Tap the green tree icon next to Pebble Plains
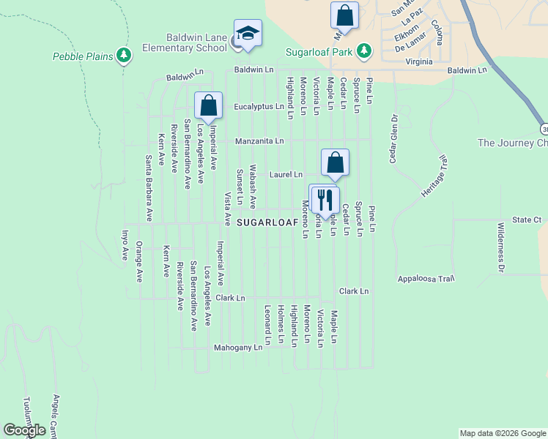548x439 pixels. [124, 55]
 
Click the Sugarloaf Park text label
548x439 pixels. [319, 52]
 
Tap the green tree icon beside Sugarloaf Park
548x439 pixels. [363, 51]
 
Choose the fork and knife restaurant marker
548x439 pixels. [324, 199]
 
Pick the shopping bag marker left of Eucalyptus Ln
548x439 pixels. [209, 106]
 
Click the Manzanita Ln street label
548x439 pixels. [259, 140]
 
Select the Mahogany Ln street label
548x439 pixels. [237, 348]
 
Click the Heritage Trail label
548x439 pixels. [432, 174]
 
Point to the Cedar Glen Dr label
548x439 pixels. [393, 138]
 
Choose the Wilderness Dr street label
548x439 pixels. [501, 248]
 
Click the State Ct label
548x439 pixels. [526, 219]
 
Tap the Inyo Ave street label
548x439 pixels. [124, 246]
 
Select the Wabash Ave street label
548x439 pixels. [253, 187]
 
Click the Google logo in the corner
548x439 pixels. [24, 430]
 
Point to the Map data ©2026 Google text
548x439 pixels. [502, 433]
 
